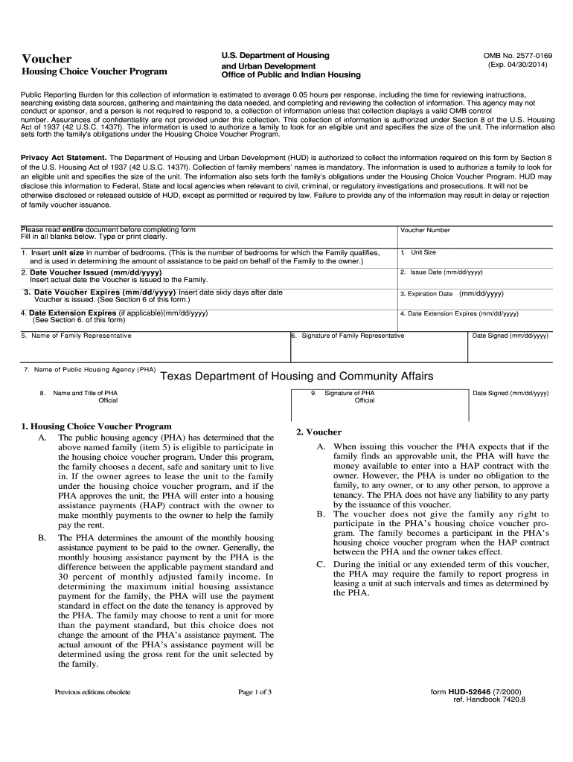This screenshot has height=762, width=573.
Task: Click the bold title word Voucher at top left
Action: [x=46, y=59]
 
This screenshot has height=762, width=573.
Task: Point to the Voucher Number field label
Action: [x=425, y=230]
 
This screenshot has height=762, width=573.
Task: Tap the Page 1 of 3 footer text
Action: [x=255, y=692]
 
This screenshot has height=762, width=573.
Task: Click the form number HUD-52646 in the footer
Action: [x=479, y=692]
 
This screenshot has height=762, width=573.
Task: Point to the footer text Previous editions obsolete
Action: [x=92, y=692]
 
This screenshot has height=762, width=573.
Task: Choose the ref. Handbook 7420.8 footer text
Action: [x=489, y=700]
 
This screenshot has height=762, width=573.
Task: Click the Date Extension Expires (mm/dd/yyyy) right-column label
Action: [x=459, y=313]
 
